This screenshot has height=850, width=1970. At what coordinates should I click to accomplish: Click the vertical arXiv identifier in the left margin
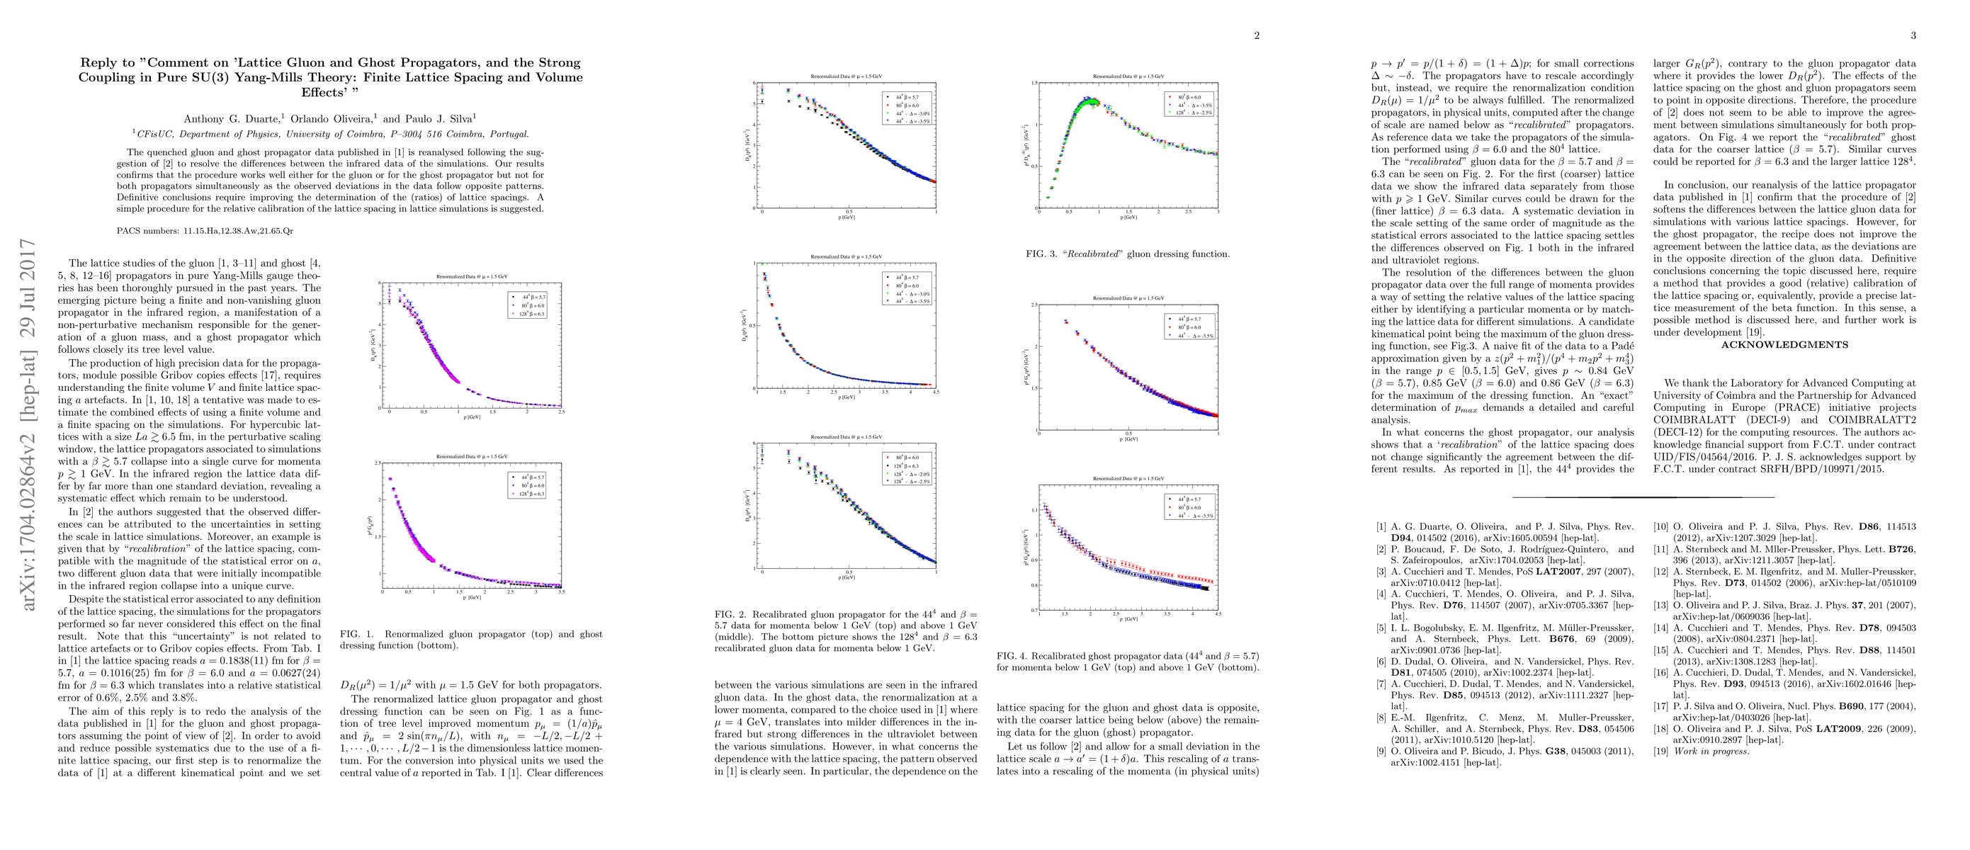pyautogui.click(x=28, y=424)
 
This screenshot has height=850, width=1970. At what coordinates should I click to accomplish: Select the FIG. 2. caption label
pyautogui.click(x=732, y=614)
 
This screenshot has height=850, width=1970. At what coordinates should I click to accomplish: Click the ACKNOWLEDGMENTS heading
pyautogui.click(x=1784, y=345)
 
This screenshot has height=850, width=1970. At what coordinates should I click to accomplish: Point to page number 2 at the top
pyautogui.click(x=1256, y=35)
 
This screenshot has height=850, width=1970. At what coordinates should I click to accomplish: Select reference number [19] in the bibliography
pyautogui.click(x=1660, y=751)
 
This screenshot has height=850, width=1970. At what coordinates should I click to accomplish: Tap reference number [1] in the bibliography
pyautogui.click(x=1381, y=527)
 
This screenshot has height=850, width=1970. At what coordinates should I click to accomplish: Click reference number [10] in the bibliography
pyautogui.click(x=1660, y=527)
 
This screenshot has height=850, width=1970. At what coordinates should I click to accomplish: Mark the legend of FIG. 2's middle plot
pyautogui.click(x=907, y=288)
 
